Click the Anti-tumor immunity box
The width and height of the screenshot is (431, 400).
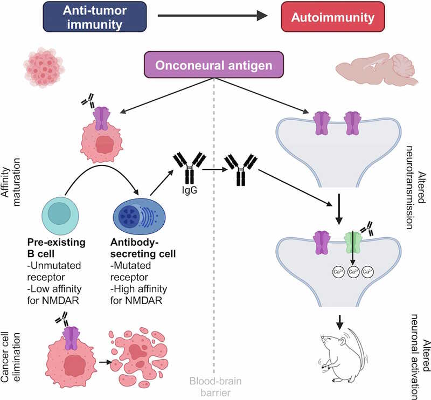(x=89, y=18)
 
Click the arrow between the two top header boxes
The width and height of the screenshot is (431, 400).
(x=213, y=16)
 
